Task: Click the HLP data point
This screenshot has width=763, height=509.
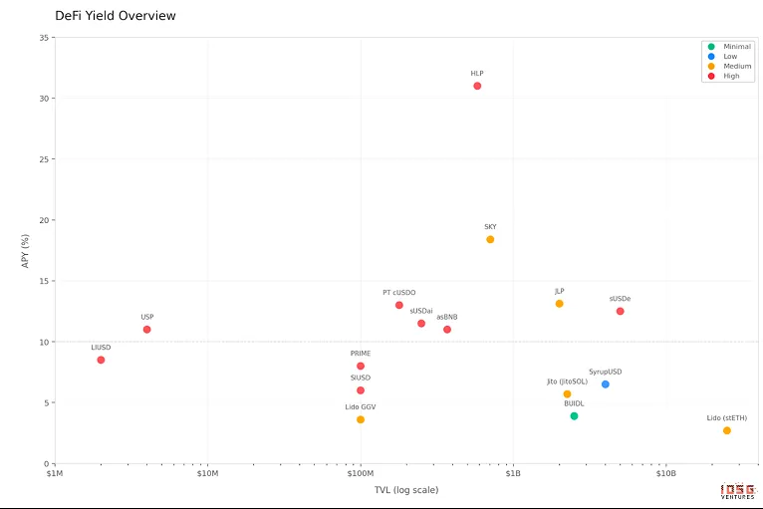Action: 477,86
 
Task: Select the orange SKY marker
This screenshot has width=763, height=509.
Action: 490,239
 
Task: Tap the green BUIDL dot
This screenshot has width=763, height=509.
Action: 574,416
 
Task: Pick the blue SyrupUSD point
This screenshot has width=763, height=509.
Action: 605,384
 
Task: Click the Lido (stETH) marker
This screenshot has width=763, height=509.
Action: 727,430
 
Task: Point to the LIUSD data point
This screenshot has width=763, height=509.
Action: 101,360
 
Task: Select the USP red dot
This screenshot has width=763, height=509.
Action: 146,330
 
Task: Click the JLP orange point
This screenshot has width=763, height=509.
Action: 559,304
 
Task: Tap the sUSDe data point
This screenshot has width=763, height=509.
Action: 620,312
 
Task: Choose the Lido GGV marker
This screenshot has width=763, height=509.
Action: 361,419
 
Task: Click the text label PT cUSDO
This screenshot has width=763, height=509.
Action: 399,293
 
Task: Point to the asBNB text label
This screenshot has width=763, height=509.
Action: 447,317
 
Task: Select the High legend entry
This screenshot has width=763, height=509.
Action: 731,76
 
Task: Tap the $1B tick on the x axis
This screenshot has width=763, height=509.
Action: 513,474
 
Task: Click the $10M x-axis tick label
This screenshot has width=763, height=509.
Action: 207,474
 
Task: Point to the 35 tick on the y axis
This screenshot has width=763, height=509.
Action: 45,38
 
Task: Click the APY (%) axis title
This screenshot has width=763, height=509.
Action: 25,251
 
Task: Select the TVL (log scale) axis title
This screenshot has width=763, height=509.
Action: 406,490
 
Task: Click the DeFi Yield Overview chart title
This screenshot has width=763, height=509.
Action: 116,16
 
